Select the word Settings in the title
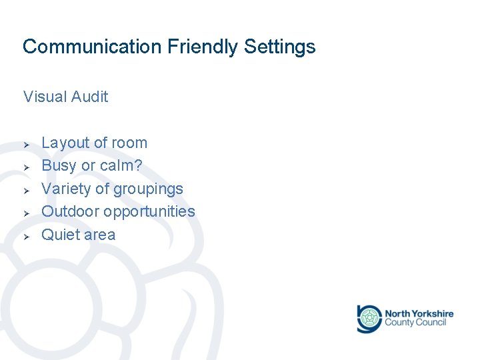280,47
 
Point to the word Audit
89,97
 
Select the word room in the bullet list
129,143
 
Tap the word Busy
59,165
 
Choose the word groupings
148,189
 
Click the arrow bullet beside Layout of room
25,144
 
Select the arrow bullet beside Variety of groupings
25,190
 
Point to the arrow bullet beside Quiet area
25,236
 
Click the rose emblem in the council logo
368,319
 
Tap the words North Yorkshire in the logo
419,313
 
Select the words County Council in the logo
415,323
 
